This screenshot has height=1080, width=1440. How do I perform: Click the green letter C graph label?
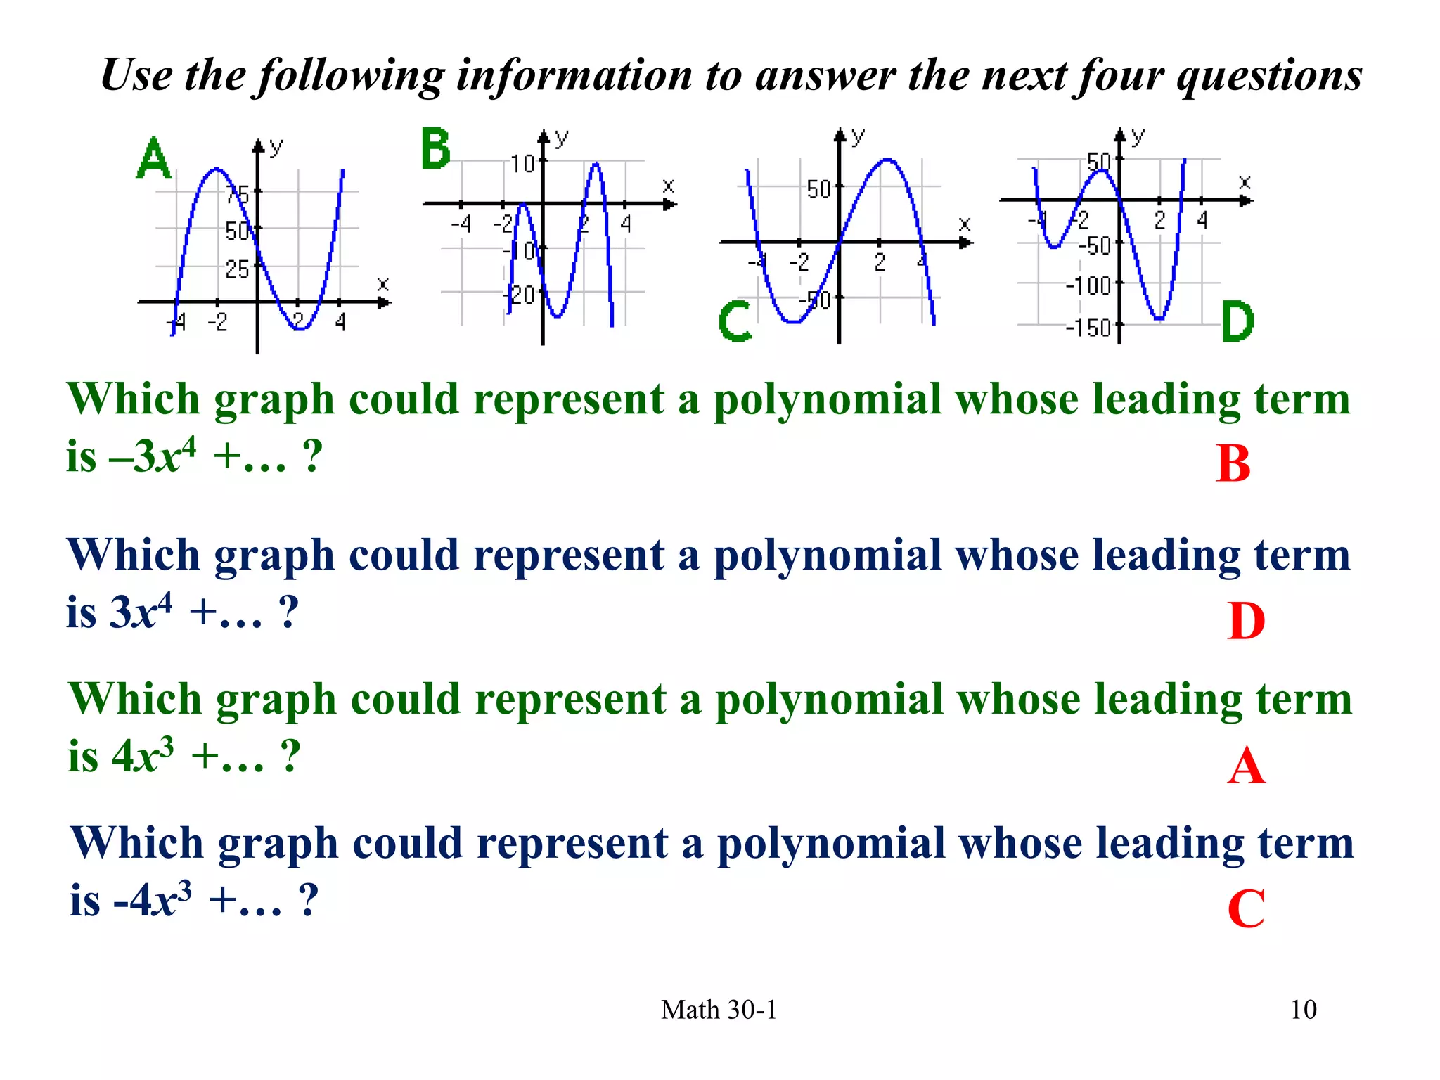(x=735, y=321)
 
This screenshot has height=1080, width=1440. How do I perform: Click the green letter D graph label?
(x=1237, y=321)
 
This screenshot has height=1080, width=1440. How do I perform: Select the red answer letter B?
(x=1233, y=464)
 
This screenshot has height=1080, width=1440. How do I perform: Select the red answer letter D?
(x=1245, y=622)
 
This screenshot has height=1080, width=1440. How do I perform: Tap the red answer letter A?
(x=1246, y=766)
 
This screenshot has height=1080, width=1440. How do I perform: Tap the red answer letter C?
(x=1246, y=909)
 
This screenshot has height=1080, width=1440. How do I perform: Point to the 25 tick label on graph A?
(x=238, y=269)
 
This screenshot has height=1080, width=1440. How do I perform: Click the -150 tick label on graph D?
(x=1088, y=328)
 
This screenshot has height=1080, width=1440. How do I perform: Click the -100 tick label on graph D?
(x=1088, y=286)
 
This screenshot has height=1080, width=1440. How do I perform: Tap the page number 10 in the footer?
(x=1303, y=1010)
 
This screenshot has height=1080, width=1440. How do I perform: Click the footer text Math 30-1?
(x=719, y=1010)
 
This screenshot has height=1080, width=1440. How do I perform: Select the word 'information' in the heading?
(x=574, y=75)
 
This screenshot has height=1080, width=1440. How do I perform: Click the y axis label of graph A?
(x=276, y=146)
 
